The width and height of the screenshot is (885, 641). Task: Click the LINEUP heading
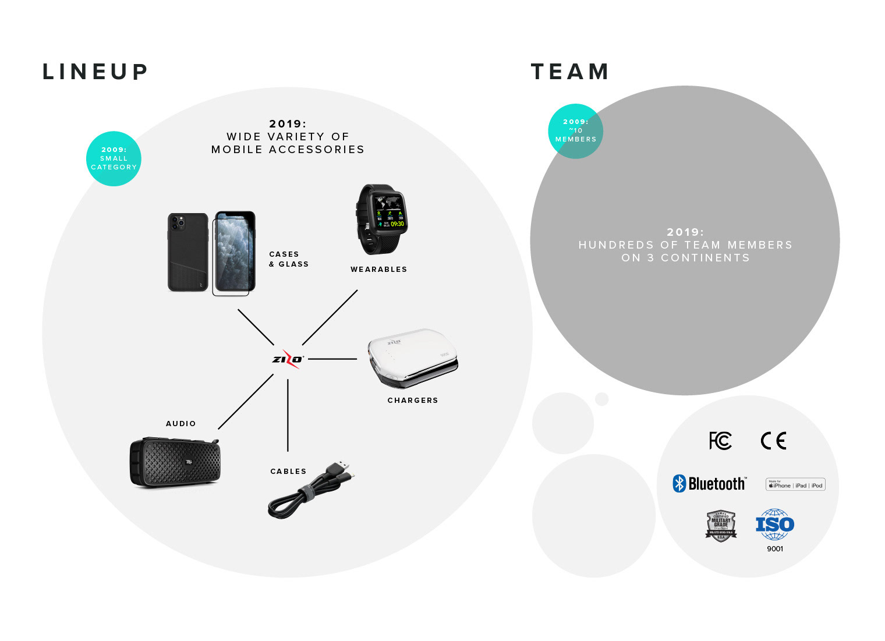[x=95, y=72]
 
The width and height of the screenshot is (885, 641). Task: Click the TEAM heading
[x=569, y=72]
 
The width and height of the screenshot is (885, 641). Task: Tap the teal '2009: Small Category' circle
[x=114, y=158]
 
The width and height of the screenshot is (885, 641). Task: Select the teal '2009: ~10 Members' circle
[x=575, y=131]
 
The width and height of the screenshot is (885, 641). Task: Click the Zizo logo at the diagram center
[x=288, y=359]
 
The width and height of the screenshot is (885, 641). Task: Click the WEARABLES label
[x=378, y=270]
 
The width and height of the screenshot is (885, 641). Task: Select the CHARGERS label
[x=413, y=401]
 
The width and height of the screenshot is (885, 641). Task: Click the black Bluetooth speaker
[x=175, y=463]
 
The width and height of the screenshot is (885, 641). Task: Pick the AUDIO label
[x=180, y=424]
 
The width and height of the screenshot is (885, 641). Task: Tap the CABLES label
[x=288, y=472]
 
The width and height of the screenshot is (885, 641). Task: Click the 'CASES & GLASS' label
[x=288, y=259]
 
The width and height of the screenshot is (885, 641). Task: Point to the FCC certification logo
[x=720, y=441]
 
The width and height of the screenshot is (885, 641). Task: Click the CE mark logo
[x=773, y=441]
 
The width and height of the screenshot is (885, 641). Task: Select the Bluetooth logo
[x=709, y=484]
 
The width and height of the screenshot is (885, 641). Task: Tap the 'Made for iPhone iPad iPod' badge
[x=795, y=485]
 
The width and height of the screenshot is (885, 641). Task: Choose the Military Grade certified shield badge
[x=721, y=526]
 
